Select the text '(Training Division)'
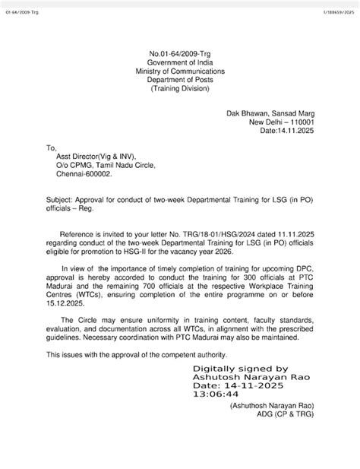pos(180,88)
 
